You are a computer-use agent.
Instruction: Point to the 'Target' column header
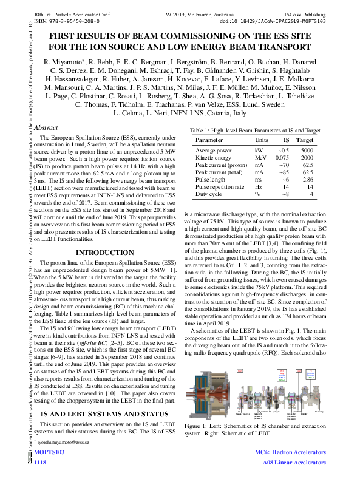tap(304, 140)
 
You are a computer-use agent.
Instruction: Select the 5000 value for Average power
tap(307, 150)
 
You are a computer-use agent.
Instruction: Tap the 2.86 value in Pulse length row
tap(308, 180)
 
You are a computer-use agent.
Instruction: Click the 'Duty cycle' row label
tap(208, 194)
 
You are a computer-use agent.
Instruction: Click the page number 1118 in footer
tap(40, 463)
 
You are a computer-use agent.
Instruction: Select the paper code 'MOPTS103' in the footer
tap(49, 452)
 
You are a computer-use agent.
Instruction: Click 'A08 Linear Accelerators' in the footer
tap(294, 463)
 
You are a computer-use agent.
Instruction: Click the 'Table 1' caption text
tap(255, 131)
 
